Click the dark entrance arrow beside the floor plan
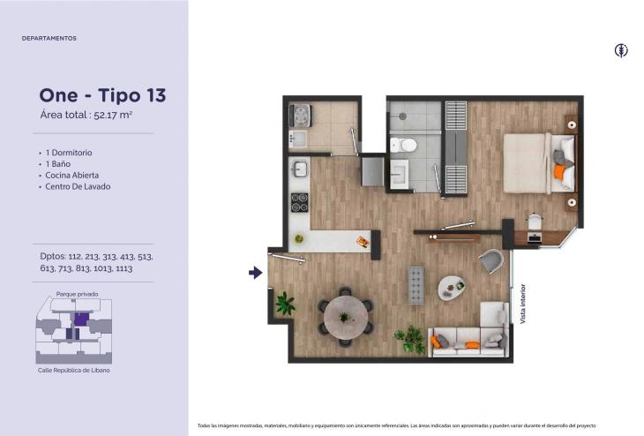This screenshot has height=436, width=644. pos(256,273)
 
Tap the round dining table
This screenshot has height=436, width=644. pos(346,317)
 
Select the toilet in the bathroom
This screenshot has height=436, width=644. pos(403,145)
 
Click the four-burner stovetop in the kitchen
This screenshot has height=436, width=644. pos(299,202)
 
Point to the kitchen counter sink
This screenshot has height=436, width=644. pos(299,169)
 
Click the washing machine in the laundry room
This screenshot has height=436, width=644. pos(301,116)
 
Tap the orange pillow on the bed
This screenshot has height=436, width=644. pos(558,172)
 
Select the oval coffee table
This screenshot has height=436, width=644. pos(452,287)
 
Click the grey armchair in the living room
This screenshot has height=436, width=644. pos(491,260)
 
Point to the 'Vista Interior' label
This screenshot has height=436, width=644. pos(523,304)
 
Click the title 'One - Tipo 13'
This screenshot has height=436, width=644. pos(102,95)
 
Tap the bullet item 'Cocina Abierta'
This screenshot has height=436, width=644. pos(71,175)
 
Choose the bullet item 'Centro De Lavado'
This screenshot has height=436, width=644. pos(78,186)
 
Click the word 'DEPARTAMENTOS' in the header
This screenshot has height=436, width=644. pos(49,38)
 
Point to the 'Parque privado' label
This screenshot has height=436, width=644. pos(78,294)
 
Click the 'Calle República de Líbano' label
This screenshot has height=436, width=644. pos(74,371)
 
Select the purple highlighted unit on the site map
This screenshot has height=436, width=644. pos(81,319)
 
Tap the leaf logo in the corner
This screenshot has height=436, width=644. pos(621,50)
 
